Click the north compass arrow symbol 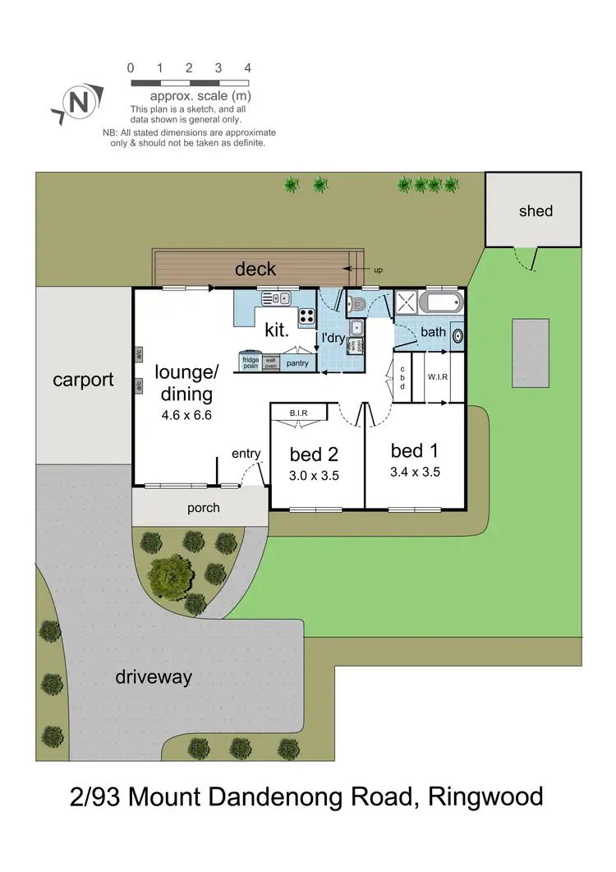[x=77, y=104]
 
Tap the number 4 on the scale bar [x=247, y=68]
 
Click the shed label [x=536, y=211]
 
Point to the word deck [x=255, y=269]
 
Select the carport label [x=83, y=381]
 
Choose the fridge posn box [x=251, y=360]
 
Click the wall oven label [x=271, y=361]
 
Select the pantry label [x=297, y=361]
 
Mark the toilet [x=356, y=304]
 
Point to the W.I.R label [x=436, y=378]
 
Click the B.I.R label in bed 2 [x=297, y=412]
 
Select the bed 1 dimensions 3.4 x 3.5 [x=416, y=473]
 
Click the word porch [x=203, y=507]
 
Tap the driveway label [x=153, y=677]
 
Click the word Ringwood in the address [x=484, y=796]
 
